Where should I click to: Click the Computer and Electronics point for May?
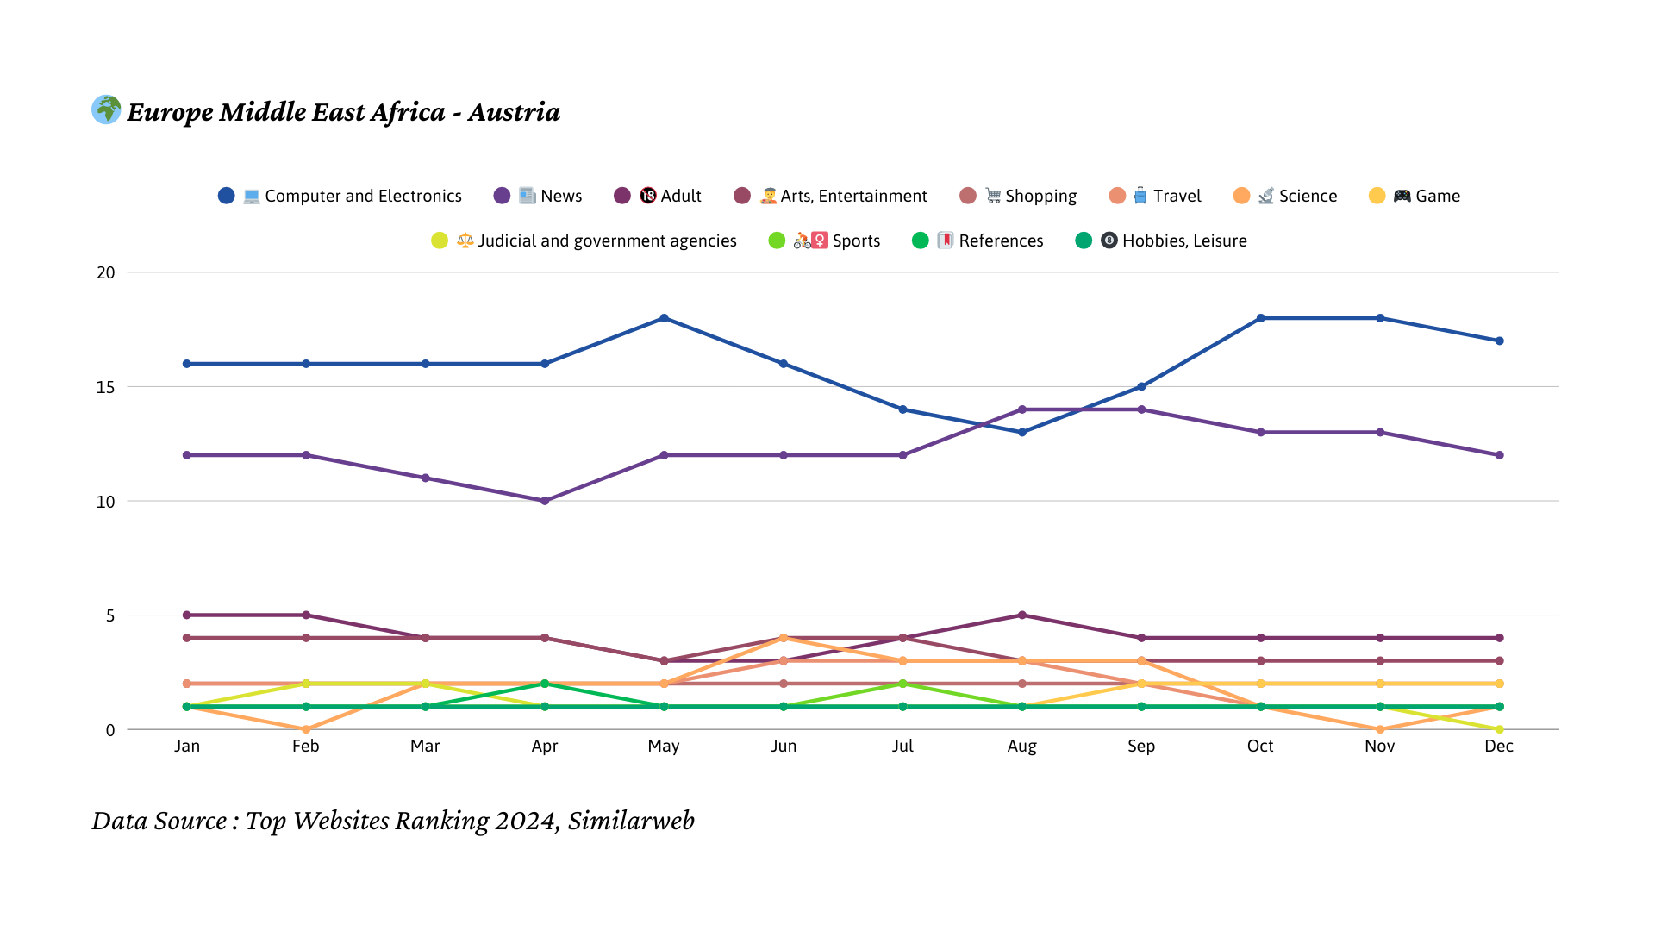pyautogui.click(x=664, y=318)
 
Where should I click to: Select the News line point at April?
pyautogui.click(x=545, y=501)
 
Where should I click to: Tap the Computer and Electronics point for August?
pyautogui.click(x=1022, y=432)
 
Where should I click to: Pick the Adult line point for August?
pyautogui.click(x=1022, y=615)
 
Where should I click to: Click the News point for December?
pyautogui.click(x=1499, y=455)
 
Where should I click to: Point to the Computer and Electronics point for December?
pyautogui.click(x=1499, y=341)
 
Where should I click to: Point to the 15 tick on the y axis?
pyautogui.click(x=105, y=387)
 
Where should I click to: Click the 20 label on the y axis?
pyautogui.click(x=105, y=272)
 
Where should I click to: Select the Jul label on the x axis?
pyautogui.click(x=902, y=747)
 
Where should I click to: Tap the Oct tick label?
pyautogui.click(x=1260, y=747)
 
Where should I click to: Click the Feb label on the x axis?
pyautogui.click(x=306, y=747)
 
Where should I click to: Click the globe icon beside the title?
pyautogui.click(x=106, y=109)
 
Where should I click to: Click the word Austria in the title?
pyautogui.click(x=514, y=112)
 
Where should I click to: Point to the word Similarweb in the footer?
pyautogui.click(x=631, y=821)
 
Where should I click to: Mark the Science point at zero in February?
pyautogui.click(x=306, y=729)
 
